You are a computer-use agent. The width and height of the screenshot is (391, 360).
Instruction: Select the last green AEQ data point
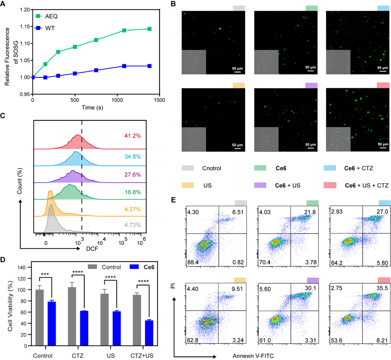coord(149,29)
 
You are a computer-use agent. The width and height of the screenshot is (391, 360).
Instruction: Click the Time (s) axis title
coord(96,109)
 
